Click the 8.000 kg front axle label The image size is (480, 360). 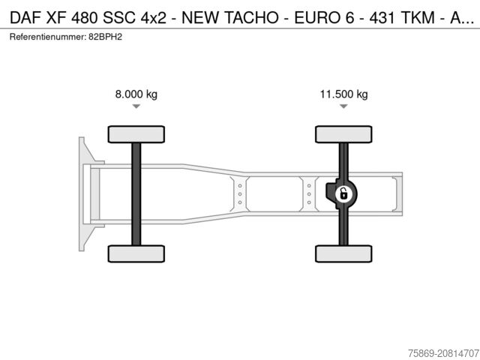[136, 94]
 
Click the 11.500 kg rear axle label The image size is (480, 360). [343, 94]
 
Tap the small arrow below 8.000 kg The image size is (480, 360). [136, 106]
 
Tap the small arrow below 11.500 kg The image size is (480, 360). [343, 106]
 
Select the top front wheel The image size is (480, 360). [136, 134]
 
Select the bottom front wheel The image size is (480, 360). [136, 253]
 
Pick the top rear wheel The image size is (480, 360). [343, 134]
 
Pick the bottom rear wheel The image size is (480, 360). [343, 253]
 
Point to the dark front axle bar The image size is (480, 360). [136, 193]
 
